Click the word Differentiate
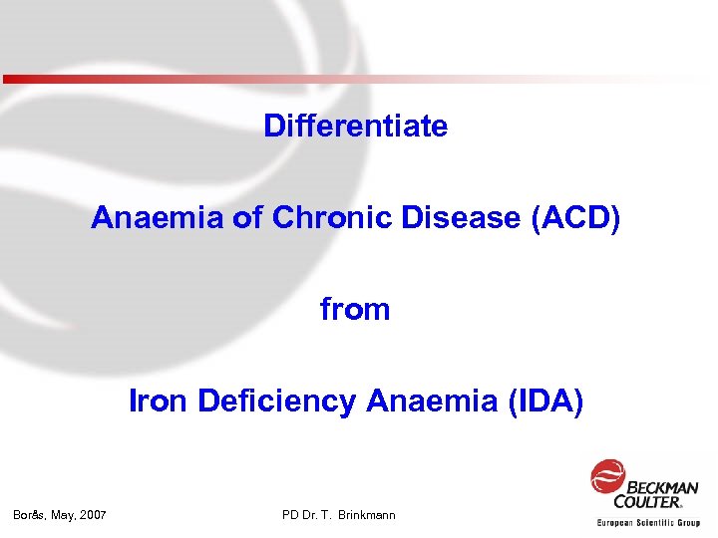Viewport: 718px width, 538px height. (356, 127)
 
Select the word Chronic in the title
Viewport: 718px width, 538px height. (339, 217)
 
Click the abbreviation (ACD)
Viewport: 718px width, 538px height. (576, 217)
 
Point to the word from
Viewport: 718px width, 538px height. (355, 310)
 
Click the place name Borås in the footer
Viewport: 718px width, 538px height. (29, 515)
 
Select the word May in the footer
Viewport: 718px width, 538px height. (64, 515)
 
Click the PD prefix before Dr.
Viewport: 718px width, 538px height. (290, 515)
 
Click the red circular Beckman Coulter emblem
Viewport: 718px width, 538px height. (607, 476)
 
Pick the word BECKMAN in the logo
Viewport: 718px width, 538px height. (663, 487)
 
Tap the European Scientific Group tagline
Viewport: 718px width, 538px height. (648, 522)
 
